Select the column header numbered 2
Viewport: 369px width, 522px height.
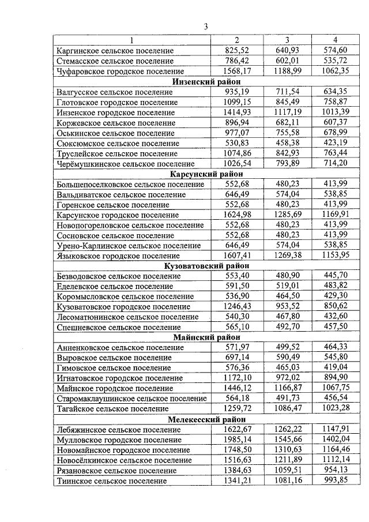tap(236, 40)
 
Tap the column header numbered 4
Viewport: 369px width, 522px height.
tap(336, 40)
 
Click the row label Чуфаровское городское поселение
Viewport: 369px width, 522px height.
tap(121, 72)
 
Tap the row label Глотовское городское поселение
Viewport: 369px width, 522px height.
tap(118, 102)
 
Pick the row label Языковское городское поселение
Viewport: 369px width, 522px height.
tap(118, 256)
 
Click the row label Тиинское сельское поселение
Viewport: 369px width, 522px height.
tap(112, 480)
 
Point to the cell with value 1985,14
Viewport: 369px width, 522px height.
tap(236, 440)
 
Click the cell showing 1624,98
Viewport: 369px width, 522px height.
tap(236, 215)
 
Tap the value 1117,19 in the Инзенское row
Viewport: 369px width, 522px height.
tap(287, 112)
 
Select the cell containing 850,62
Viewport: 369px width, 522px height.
tap(336, 307)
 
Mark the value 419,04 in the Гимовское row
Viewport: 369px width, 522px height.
tap(336, 368)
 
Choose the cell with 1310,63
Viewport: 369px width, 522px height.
tap(287, 450)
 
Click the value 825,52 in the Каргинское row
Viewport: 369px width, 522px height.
tap(236, 51)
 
